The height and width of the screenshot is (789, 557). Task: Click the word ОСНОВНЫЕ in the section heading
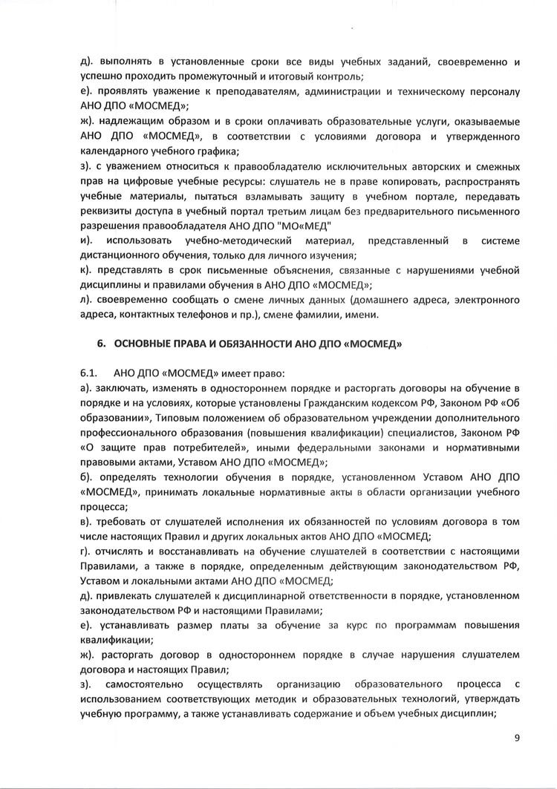click(x=148, y=344)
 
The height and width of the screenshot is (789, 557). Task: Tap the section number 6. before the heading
click(x=103, y=344)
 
